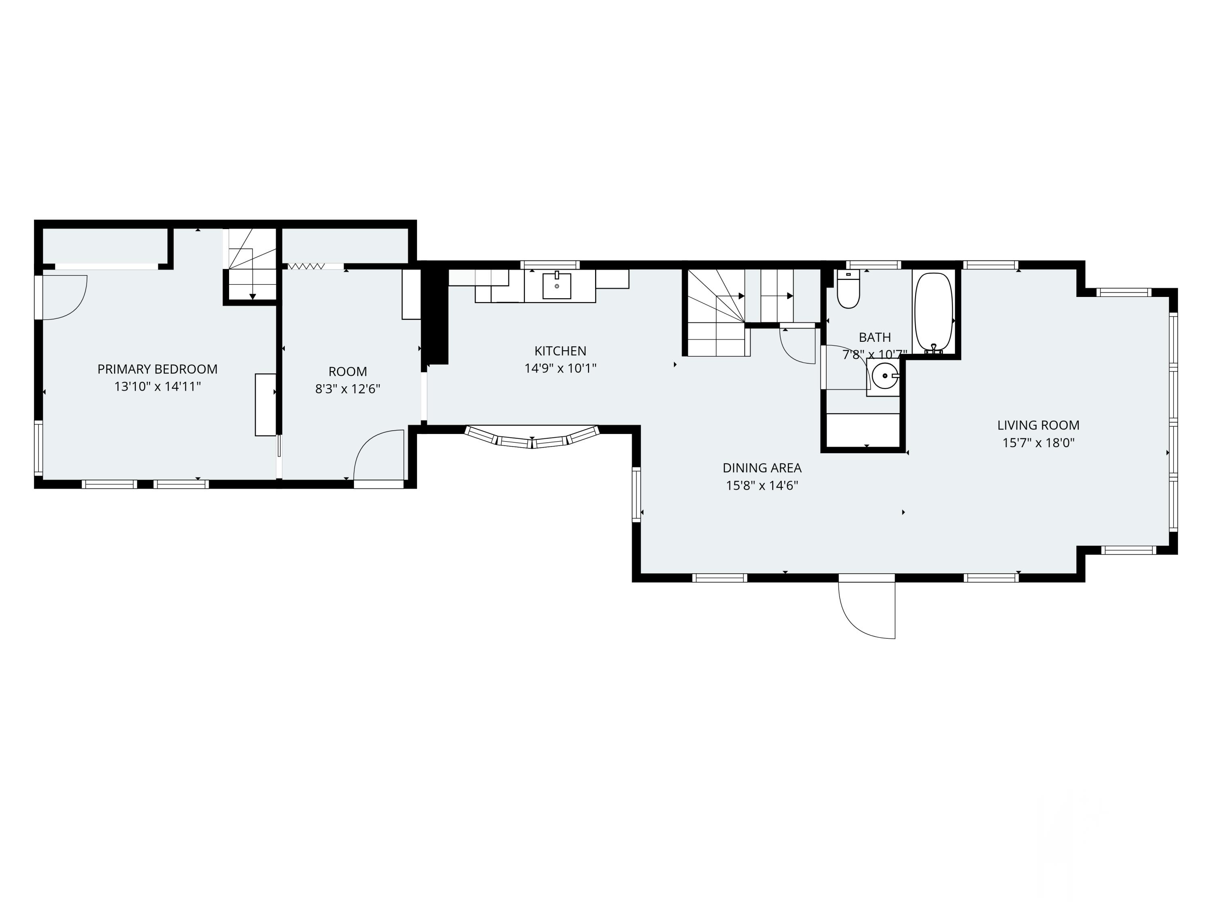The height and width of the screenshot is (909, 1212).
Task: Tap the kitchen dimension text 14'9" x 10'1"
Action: [x=560, y=368]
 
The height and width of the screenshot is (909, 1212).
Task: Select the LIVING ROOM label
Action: [x=1038, y=425]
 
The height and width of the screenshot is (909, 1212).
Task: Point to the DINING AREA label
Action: [x=762, y=468]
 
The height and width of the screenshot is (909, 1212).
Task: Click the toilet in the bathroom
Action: [x=848, y=290]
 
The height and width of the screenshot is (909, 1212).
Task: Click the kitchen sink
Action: [x=557, y=286]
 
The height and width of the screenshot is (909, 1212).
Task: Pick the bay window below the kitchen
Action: [x=532, y=438]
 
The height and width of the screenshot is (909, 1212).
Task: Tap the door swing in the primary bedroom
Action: [x=65, y=297]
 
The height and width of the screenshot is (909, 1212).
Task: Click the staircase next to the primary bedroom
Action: [x=252, y=264]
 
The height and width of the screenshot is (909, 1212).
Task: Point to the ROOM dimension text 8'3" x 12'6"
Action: [x=347, y=389]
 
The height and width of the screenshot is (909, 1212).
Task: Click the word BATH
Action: [x=875, y=337]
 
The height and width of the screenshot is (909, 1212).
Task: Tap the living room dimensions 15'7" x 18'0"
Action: [x=1038, y=443]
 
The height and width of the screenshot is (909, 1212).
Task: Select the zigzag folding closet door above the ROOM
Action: [x=306, y=267]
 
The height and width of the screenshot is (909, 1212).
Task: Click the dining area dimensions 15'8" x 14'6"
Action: [x=762, y=486]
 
